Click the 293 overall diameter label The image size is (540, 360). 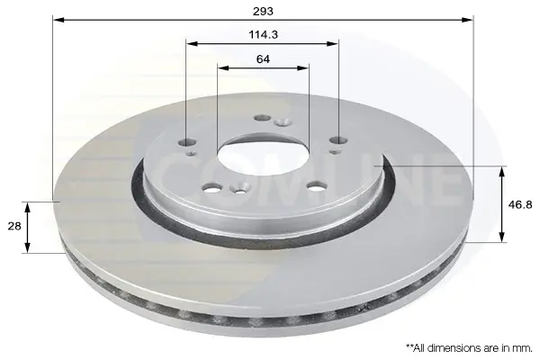(263, 12)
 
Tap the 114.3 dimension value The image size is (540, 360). (263, 34)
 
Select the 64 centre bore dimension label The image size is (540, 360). (263, 59)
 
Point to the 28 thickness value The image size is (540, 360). (14, 226)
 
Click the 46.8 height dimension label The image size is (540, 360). (520, 204)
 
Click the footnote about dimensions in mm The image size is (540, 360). (470, 348)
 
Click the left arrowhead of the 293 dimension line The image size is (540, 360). (58, 20)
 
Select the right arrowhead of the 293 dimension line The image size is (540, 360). (467, 20)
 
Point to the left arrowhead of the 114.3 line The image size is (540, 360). (192, 44)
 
